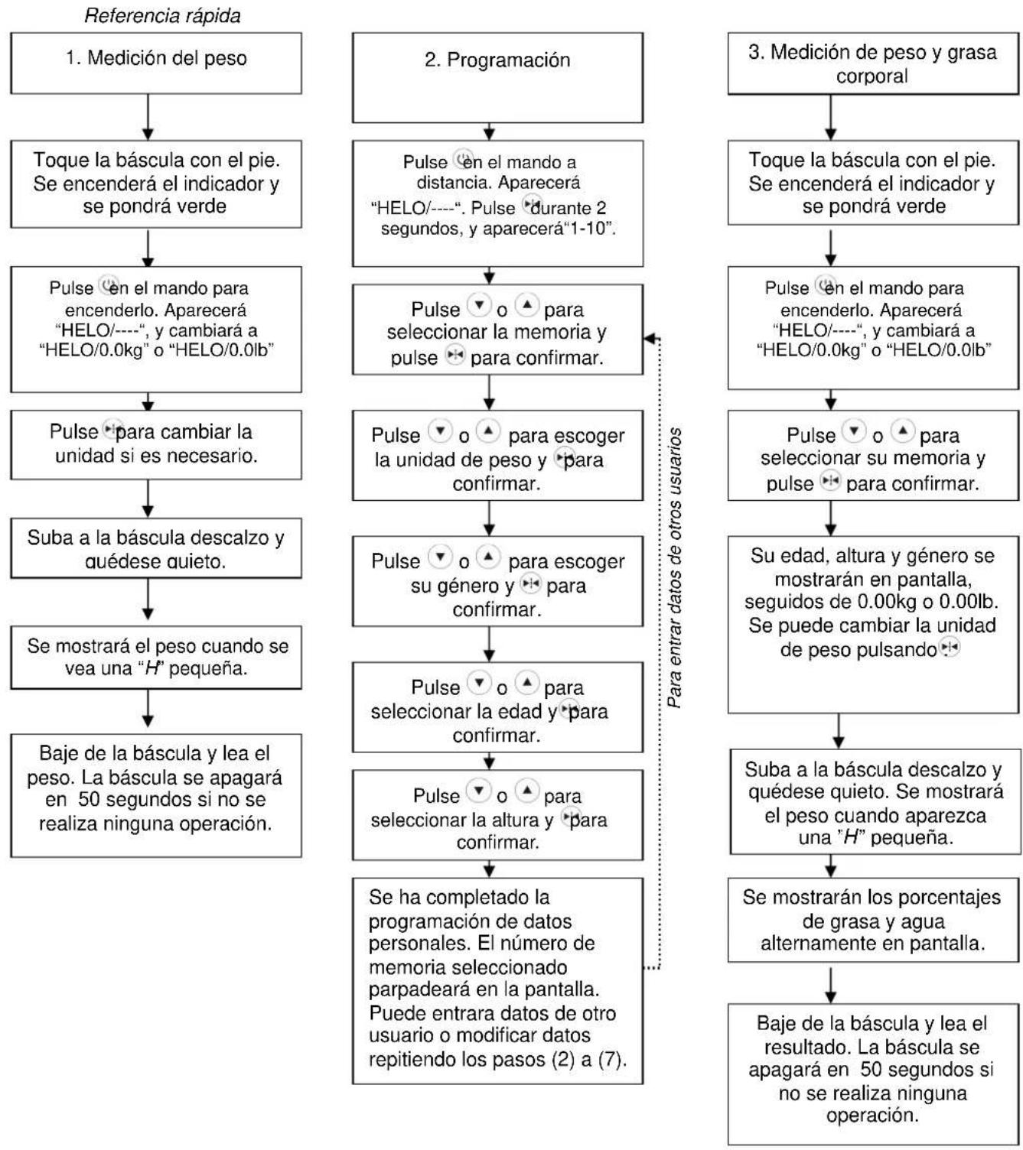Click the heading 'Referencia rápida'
162,16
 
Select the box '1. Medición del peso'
156,63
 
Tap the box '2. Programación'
497,78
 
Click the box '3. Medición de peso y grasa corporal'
873,63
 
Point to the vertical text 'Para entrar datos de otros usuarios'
674,567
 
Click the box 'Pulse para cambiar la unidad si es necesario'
156,445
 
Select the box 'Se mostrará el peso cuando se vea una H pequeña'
156,658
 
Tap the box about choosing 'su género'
497,581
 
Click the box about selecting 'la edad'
497,707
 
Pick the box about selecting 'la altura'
497,815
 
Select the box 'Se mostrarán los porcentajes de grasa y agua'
873,920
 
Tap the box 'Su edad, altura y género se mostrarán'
873,625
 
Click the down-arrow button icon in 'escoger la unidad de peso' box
440,430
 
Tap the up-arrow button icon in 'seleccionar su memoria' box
903,430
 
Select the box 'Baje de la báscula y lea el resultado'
873,1074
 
